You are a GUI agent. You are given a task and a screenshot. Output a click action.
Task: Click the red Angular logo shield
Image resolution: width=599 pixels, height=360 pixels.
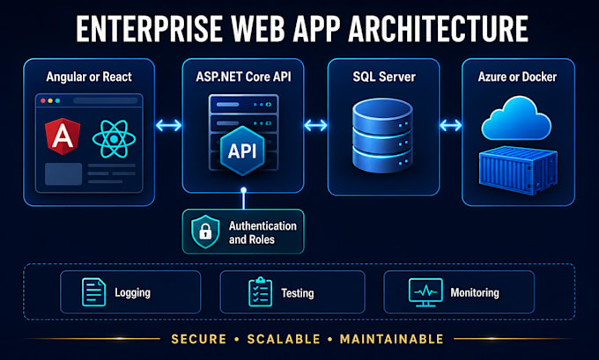pos(63,136)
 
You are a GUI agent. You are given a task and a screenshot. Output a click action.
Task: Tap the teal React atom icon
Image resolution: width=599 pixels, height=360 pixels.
pos(114,139)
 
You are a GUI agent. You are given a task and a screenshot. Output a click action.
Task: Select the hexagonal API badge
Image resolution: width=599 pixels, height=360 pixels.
pos(242,151)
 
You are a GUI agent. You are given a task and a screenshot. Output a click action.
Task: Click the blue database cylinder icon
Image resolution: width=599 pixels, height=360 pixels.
pos(383,135)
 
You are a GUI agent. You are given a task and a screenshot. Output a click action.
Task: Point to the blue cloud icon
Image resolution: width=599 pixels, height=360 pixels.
pos(516,118)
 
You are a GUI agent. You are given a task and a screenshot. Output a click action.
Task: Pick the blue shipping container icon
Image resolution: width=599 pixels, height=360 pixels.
pos(518,170)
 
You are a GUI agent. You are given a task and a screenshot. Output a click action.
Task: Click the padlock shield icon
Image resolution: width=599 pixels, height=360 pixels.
pos(205,231)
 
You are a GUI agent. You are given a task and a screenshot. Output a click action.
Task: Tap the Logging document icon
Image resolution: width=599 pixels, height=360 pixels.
pos(94,292)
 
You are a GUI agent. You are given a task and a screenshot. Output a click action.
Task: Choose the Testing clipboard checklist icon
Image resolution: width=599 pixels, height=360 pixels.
pos(261,292)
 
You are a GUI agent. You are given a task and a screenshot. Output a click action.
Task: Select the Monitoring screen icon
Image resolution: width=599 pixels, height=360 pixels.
pos(425,292)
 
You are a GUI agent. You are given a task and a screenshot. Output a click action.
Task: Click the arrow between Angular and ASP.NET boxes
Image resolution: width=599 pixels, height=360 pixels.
pos(168,125)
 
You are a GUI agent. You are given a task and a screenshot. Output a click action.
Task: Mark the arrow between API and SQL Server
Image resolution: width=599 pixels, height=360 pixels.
pos(315,125)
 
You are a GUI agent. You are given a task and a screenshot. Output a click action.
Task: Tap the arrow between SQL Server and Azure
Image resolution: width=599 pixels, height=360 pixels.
pos(451,125)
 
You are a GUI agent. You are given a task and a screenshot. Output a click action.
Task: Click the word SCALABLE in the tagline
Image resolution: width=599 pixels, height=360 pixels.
pos(284,339)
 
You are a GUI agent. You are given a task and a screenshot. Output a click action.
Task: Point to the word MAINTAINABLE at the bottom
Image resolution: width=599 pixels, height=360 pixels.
pos(392,339)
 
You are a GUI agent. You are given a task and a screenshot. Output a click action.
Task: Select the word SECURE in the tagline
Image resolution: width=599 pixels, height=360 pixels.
pos(199,339)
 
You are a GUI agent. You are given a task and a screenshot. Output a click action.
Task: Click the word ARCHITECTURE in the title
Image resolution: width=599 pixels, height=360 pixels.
pos(439,29)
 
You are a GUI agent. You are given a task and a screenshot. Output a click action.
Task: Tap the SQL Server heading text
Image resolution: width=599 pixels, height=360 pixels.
pos(384,77)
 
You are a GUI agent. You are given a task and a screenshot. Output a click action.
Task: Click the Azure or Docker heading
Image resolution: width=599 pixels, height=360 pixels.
pos(517,77)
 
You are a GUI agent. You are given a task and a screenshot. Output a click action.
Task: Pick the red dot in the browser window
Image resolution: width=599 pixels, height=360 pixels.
pos(43,101)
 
